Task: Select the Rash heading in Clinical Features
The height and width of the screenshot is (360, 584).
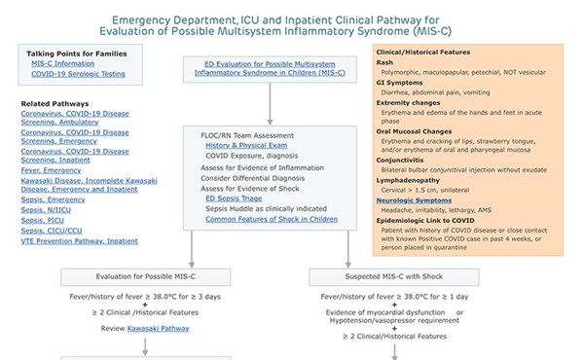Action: [x=385, y=61]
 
